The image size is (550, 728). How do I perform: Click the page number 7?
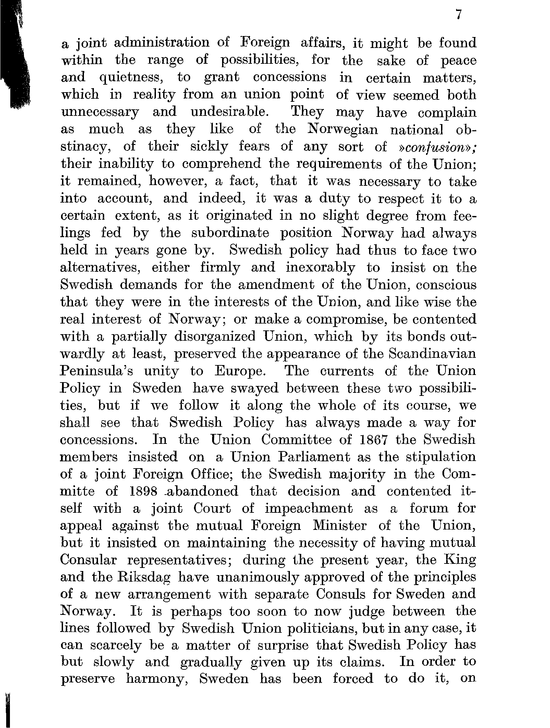click(x=460, y=15)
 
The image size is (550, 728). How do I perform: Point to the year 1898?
click(x=144, y=492)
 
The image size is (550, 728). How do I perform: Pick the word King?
click(x=460, y=560)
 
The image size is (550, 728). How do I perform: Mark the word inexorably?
click(x=320, y=268)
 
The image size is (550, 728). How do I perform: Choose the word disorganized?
click(x=215, y=337)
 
